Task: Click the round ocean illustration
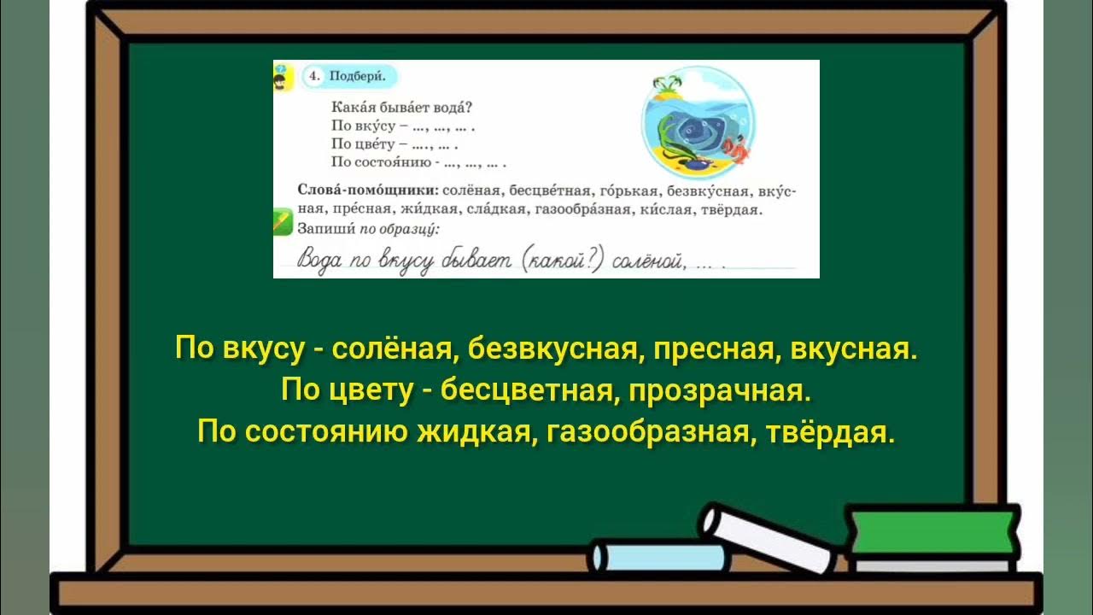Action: coord(697,120)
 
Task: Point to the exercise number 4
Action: coord(314,76)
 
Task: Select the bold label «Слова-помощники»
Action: coord(368,190)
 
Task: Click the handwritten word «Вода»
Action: coord(322,261)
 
